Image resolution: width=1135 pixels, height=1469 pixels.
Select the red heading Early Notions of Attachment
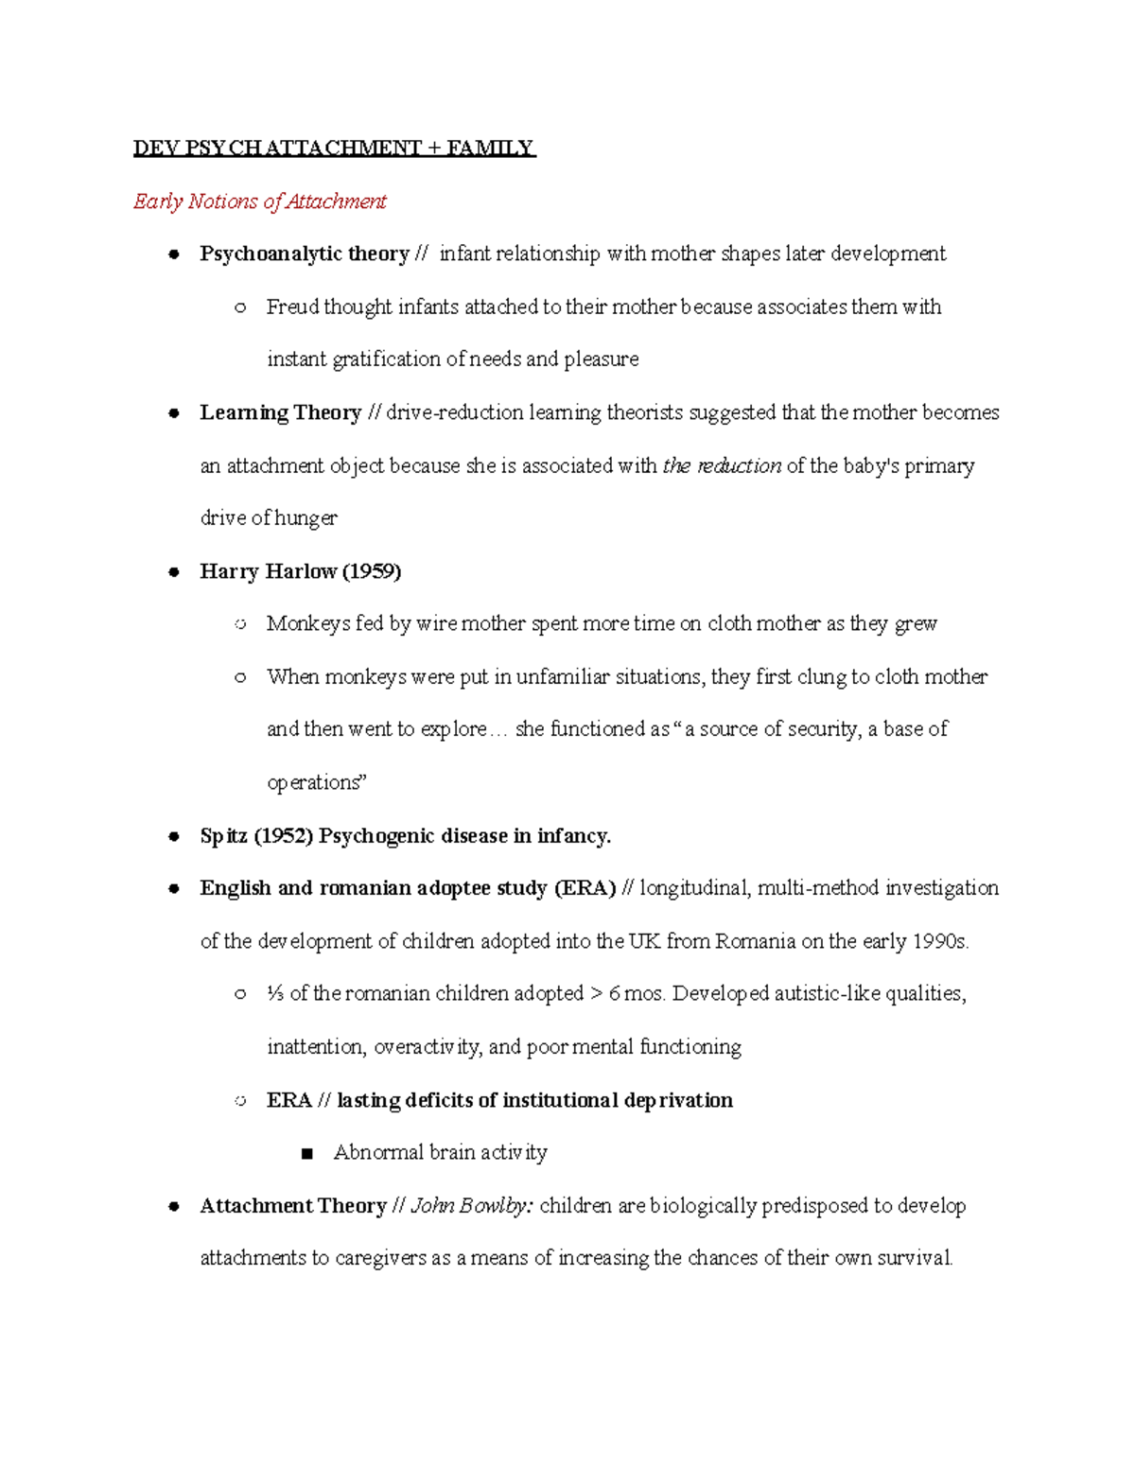tap(260, 201)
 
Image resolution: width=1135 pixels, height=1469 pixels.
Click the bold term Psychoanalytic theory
tap(304, 254)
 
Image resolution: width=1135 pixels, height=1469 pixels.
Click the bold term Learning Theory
tap(280, 412)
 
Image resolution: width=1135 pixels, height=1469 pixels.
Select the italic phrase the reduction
tap(722, 465)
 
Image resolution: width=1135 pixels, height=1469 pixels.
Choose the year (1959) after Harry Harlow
tap(372, 571)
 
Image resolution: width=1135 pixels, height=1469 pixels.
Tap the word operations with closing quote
tap(316, 782)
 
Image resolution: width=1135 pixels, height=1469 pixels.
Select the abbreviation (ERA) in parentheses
tap(585, 888)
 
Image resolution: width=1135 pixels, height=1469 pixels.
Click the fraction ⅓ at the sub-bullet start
tap(275, 994)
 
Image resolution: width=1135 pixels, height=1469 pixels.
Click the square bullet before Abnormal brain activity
tap(305, 1154)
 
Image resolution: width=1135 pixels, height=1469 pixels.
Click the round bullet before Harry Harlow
tap(174, 572)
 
